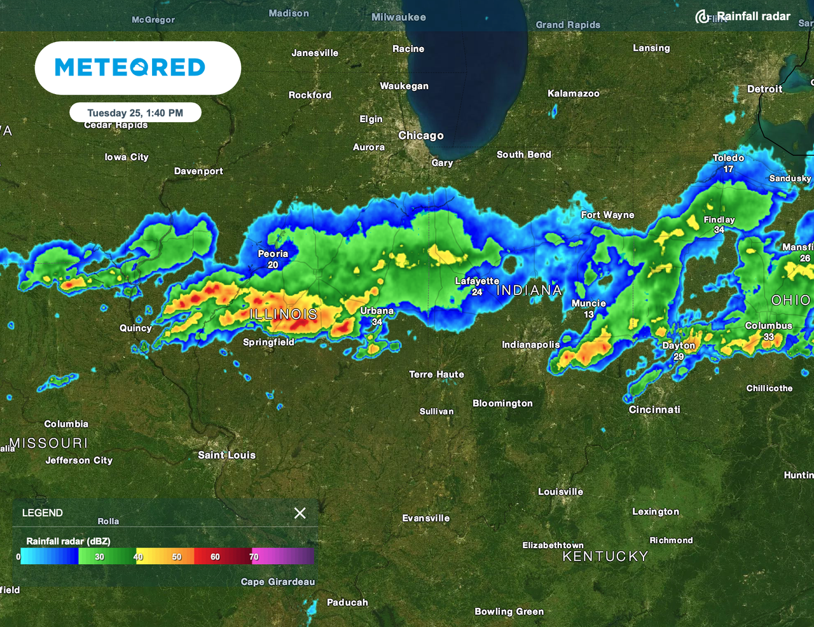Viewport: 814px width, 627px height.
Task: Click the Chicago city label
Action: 420,135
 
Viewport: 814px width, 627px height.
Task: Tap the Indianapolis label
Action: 530,345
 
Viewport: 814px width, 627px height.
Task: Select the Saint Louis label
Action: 226,455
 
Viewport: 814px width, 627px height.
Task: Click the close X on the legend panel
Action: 300,513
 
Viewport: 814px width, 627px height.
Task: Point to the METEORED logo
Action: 130,67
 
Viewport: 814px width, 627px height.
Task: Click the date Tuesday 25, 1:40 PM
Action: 135,113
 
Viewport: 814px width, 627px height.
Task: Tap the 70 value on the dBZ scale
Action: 254,557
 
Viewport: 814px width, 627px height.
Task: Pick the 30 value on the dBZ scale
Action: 100,557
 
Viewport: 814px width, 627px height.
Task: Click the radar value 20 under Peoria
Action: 273,265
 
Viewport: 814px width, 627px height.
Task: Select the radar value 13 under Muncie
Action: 589,314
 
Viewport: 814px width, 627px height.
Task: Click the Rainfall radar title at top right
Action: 753,17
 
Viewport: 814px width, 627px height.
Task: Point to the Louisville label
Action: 560,492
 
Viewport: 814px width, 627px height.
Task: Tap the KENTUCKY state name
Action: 605,556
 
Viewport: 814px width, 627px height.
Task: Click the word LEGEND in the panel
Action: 43,513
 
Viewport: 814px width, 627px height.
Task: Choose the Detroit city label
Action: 764,89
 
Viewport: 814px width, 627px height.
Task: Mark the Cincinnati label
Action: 654,410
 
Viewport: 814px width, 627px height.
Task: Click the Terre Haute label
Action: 436,375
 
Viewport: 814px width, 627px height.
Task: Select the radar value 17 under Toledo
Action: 728,169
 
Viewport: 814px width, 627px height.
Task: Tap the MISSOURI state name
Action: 49,443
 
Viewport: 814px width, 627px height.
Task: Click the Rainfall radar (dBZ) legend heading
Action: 68,541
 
